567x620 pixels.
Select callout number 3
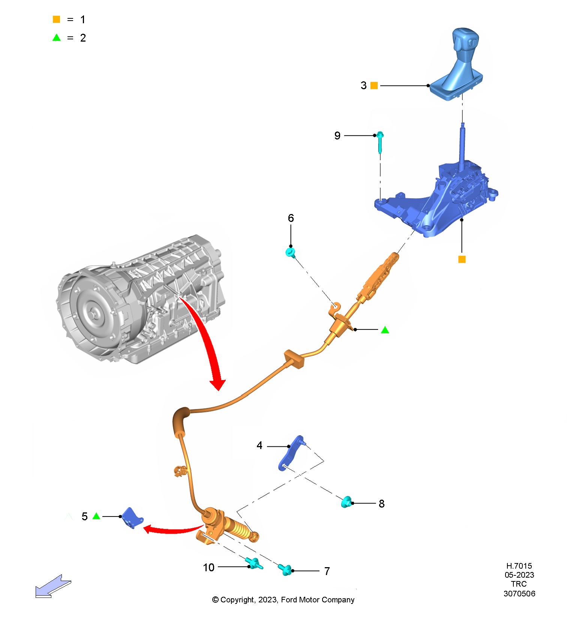point(363,85)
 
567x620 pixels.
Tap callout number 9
point(337,136)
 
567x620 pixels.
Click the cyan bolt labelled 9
point(380,142)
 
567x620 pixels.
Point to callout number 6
point(291,218)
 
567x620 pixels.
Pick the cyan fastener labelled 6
point(290,252)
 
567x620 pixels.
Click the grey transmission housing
point(142,300)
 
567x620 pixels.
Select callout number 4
point(259,445)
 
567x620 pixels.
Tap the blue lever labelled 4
point(291,454)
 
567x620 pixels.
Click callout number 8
point(382,504)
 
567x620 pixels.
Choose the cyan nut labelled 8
point(346,502)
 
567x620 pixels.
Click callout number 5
point(85,517)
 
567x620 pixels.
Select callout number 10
point(209,568)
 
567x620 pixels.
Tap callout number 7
point(327,571)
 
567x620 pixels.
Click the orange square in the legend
point(57,19)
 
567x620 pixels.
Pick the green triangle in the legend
point(57,37)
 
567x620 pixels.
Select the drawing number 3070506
point(519,593)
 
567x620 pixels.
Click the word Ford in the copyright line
point(289,600)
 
